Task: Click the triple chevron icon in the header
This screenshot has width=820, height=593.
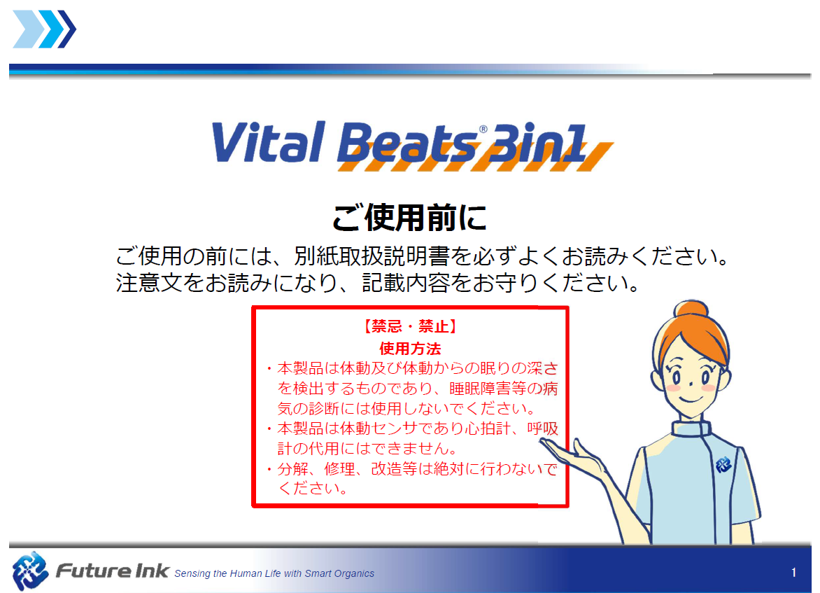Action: [45, 29]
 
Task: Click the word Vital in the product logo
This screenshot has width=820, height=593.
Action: [269, 142]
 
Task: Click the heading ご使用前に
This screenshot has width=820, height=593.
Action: [410, 218]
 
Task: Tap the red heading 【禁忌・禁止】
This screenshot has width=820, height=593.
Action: [410, 326]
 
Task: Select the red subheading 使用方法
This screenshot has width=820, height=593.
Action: [410, 349]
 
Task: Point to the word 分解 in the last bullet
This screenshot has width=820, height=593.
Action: [293, 468]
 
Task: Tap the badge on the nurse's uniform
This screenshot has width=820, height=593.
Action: [723, 464]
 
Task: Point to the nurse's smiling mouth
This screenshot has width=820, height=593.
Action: [691, 400]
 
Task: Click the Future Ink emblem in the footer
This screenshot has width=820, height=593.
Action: [30, 571]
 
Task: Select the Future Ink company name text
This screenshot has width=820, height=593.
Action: [113, 571]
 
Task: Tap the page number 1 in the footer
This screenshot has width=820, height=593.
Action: [793, 573]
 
